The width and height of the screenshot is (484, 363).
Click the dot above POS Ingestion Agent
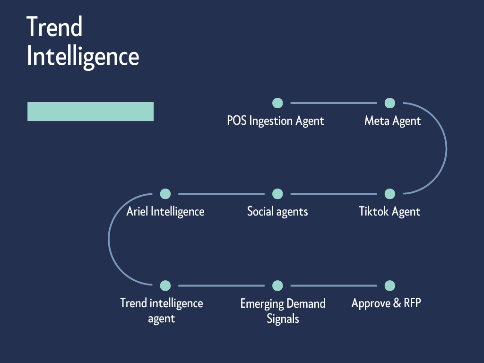pyautogui.click(x=277, y=103)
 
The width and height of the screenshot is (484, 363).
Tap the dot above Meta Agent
pyautogui.click(x=389, y=103)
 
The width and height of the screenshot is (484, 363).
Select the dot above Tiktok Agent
pyautogui.click(x=389, y=194)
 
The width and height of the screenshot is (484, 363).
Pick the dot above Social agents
pyautogui.click(x=277, y=194)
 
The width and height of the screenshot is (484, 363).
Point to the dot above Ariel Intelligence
pyautogui.click(x=165, y=194)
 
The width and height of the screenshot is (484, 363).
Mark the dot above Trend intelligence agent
pyautogui.click(x=165, y=285)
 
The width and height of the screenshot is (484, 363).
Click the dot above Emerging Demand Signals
pyautogui.click(x=277, y=285)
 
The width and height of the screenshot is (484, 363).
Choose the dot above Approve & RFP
pyautogui.click(x=389, y=285)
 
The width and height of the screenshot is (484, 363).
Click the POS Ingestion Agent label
pyautogui.click(x=276, y=121)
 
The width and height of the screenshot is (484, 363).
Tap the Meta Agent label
pyautogui.click(x=392, y=121)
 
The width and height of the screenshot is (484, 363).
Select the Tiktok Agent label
pyautogui.click(x=389, y=211)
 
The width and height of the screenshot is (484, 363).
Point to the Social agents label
pyautogui.click(x=277, y=211)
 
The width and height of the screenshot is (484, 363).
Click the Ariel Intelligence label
pyautogui.click(x=165, y=211)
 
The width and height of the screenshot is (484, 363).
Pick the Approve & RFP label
pyautogui.click(x=386, y=303)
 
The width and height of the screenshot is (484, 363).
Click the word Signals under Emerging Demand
pyautogui.click(x=283, y=319)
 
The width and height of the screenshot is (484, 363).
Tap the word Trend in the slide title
pyautogui.click(x=54, y=27)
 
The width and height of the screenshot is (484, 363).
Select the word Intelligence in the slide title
pyautogui.click(x=83, y=57)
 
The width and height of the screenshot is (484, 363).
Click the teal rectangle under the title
pyautogui.click(x=90, y=112)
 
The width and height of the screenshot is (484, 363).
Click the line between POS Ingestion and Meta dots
pyautogui.click(x=333, y=103)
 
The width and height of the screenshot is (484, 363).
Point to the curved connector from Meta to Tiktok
pyautogui.click(x=446, y=148)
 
